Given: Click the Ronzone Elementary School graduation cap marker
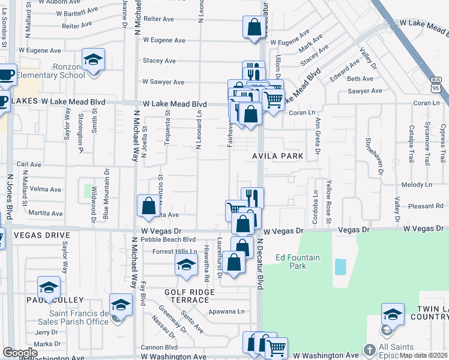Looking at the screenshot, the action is pyautogui.click(x=93, y=59).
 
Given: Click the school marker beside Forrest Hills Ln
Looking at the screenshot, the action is pyautogui.click(x=186, y=263).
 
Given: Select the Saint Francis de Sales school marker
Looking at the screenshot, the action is pyautogui.click(x=121, y=304).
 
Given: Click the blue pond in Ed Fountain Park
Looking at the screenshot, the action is pyautogui.click(x=340, y=266).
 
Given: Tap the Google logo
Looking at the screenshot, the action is pyautogui.click(x=20, y=353).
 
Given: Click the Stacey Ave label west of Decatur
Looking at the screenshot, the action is pyautogui.click(x=159, y=61).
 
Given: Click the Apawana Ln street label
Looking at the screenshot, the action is pyautogui.click(x=227, y=311).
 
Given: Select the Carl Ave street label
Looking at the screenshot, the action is pyautogui.click(x=29, y=164).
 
